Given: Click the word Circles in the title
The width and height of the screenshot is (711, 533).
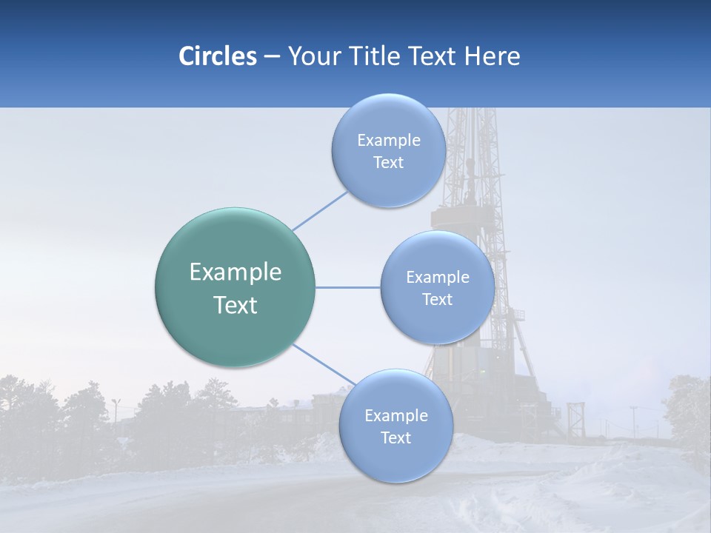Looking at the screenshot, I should coord(217,56).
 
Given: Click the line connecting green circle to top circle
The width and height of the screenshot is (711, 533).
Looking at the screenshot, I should coord(320,211).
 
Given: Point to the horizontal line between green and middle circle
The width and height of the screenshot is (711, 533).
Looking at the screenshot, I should coord(347,287).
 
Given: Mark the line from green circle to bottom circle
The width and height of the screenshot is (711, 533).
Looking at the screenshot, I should coord(322,364).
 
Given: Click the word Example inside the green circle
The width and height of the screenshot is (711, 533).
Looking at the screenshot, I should coord(235,272).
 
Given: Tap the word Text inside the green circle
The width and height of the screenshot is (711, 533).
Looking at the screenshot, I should coord(235,305).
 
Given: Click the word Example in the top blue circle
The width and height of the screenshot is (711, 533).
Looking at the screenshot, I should coord(388,141).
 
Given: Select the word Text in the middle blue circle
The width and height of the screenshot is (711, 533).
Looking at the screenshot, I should coord(437,299).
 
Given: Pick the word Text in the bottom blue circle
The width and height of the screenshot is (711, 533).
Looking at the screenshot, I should coord(395,438).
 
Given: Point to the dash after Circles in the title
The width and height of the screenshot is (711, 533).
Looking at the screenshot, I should coord(271,57).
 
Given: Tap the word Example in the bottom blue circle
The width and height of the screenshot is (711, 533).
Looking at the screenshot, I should coord(395,415).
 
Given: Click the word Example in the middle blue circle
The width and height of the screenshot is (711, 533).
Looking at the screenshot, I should coord(437,277).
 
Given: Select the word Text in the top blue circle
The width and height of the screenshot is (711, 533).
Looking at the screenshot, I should coord(388,163).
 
